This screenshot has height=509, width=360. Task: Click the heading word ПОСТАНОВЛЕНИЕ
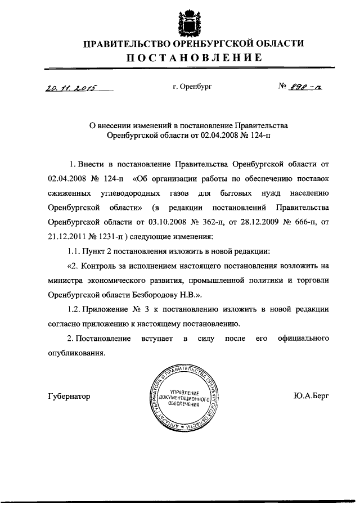[x=193, y=57]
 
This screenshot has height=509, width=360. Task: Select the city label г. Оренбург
[x=192, y=87]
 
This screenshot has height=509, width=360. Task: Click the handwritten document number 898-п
[x=306, y=87]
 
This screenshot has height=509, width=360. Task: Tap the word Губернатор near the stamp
[x=69, y=396]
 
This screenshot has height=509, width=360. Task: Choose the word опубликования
[x=76, y=353]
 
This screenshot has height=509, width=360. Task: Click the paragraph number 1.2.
[x=73, y=309]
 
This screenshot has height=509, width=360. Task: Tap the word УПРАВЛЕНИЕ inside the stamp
[x=183, y=390]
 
